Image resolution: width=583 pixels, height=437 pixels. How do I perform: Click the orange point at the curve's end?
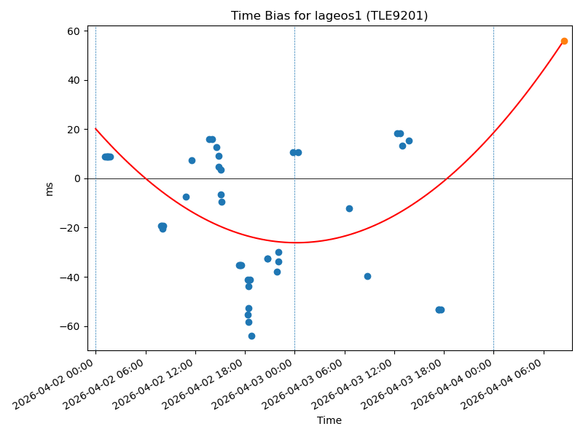564,41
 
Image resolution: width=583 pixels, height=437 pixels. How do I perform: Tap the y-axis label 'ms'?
50,189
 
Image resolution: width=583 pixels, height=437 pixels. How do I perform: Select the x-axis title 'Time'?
329,420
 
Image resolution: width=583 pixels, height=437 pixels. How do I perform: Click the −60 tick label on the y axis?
71,326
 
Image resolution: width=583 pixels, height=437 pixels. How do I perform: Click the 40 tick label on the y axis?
74,80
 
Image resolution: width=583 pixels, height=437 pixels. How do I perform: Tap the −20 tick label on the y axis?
71,228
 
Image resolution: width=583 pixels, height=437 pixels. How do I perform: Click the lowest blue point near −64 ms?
251,336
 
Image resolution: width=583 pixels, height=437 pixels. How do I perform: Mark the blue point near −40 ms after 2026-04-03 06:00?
367,276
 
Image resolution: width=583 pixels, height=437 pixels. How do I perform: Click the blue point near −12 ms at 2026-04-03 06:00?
349,208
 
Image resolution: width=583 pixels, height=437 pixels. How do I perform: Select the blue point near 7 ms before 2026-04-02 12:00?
192,160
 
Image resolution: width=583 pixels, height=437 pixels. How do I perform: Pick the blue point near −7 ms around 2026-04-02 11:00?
186,197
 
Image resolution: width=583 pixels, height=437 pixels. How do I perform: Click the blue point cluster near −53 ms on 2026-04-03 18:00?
439,310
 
